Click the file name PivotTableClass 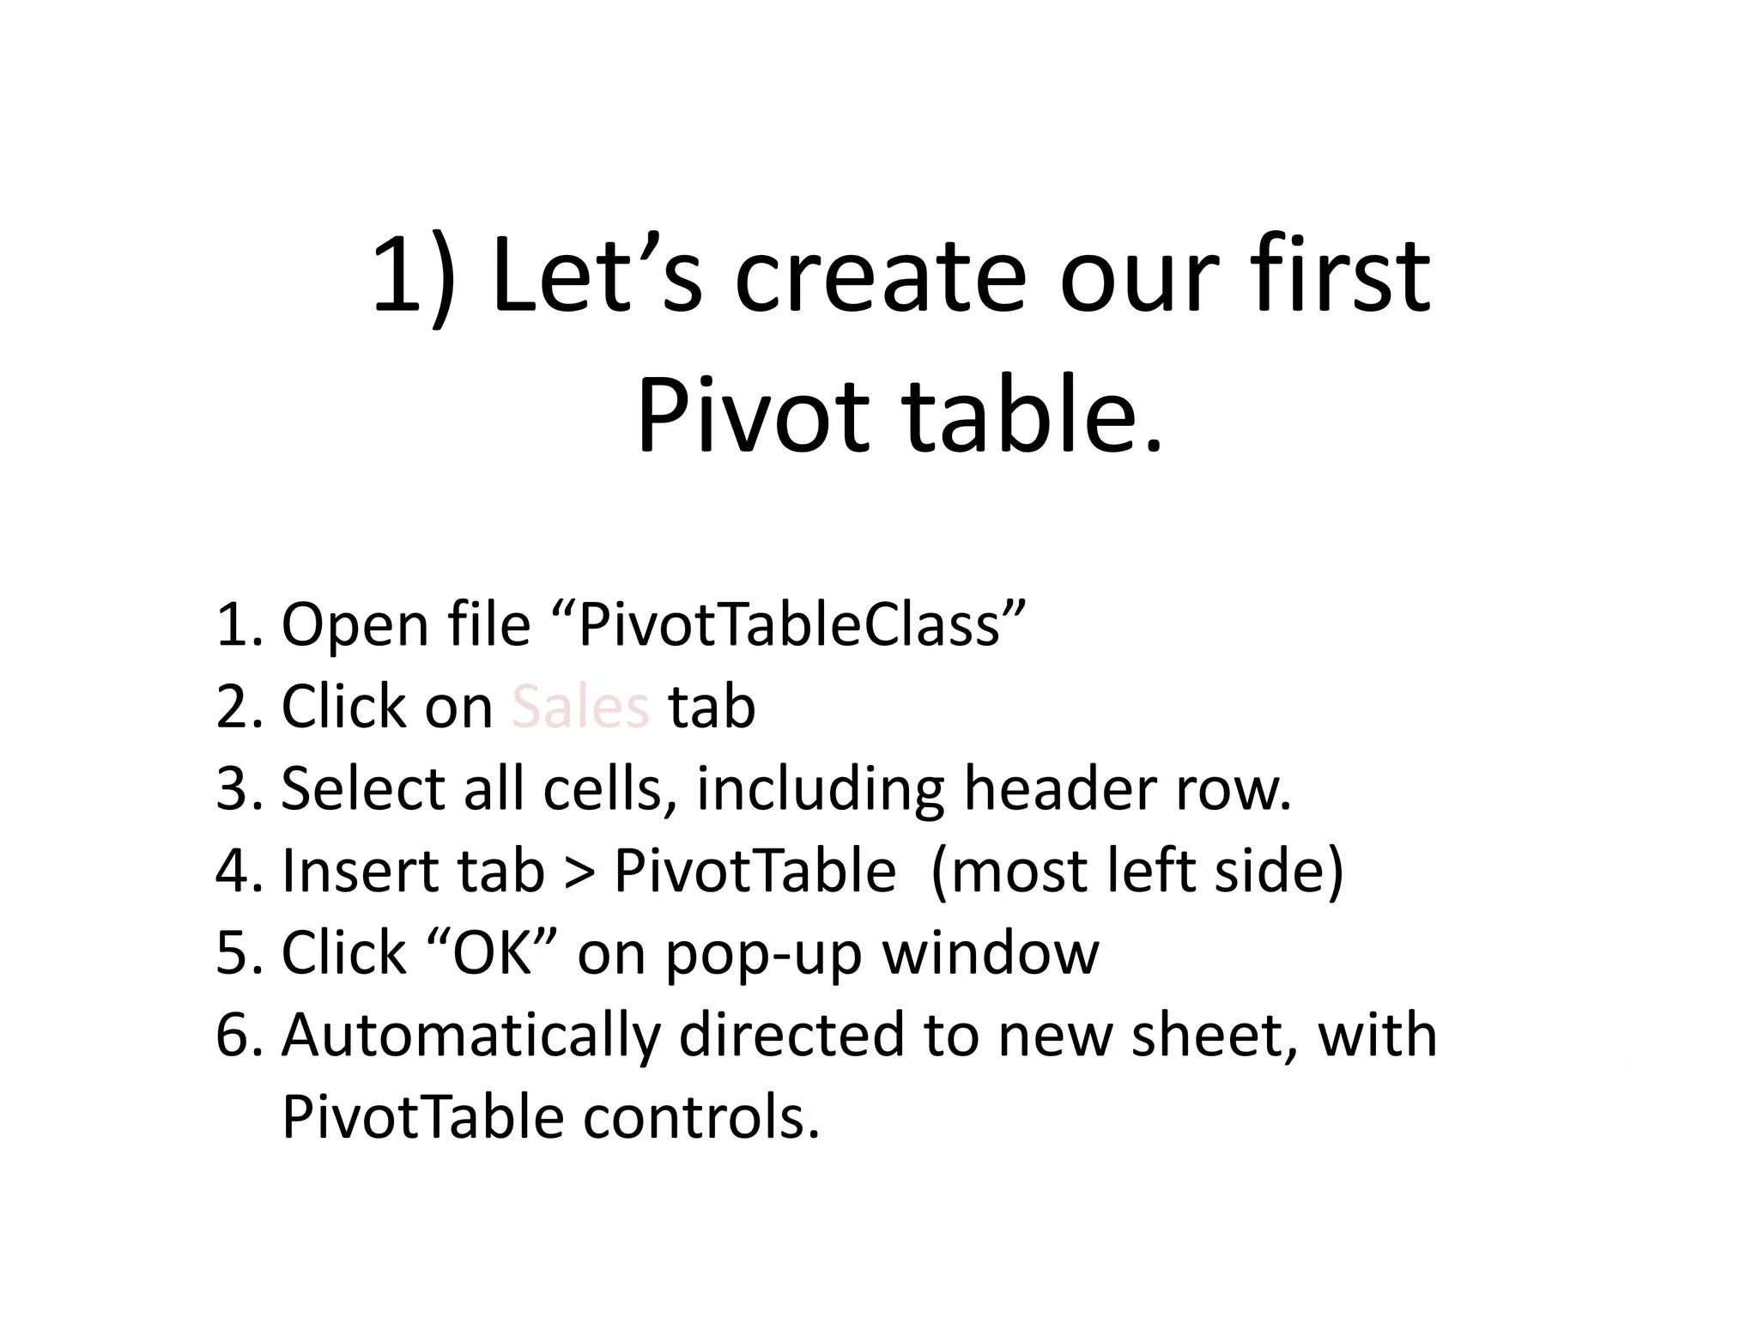click(802, 624)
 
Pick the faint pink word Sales click(580, 707)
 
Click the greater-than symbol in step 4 click(579, 871)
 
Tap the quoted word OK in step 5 click(493, 953)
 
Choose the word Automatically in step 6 click(471, 1036)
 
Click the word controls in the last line click(701, 1117)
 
